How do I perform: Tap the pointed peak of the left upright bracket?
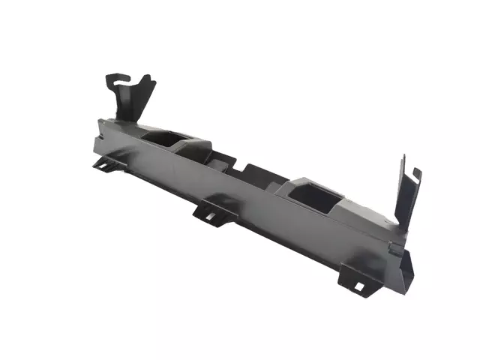pos(147,77)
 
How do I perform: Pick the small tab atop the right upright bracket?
pos(417,174)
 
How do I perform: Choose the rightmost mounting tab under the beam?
pos(356,280)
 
